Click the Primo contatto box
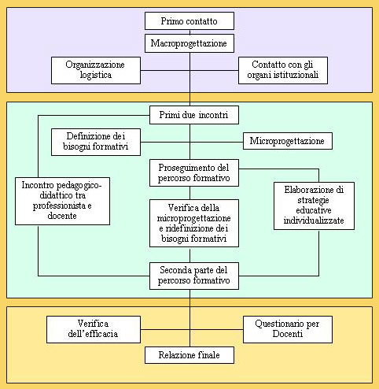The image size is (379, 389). (x=189, y=20)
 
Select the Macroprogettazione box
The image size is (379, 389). (x=189, y=43)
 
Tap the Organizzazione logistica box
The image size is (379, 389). (x=96, y=70)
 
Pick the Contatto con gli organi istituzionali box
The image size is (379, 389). (x=283, y=70)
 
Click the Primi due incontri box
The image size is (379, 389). (x=194, y=115)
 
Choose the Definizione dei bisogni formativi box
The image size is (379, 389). (x=96, y=142)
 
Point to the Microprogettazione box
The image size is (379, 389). (x=288, y=141)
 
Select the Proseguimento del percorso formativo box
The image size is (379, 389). (x=194, y=172)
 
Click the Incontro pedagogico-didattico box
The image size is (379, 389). (x=62, y=201)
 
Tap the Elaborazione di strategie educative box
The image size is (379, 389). (x=314, y=206)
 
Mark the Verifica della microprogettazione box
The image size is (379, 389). (x=194, y=223)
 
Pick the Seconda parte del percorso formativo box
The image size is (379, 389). (x=194, y=276)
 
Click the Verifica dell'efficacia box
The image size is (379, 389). (x=94, y=329)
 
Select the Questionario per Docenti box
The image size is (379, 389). (x=288, y=329)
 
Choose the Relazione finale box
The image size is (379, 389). (x=189, y=355)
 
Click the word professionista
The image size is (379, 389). (x=59, y=206)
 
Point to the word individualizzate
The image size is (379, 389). (x=314, y=220)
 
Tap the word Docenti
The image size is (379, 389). (x=288, y=334)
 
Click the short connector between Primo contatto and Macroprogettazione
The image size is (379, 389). (x=189, y=32)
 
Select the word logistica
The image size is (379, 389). (x=96, y=75)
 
